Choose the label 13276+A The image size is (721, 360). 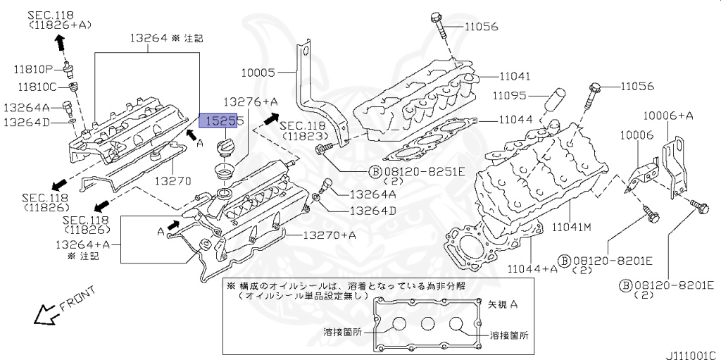tap(251, 102)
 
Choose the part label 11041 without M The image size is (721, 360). tap(516, 76)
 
